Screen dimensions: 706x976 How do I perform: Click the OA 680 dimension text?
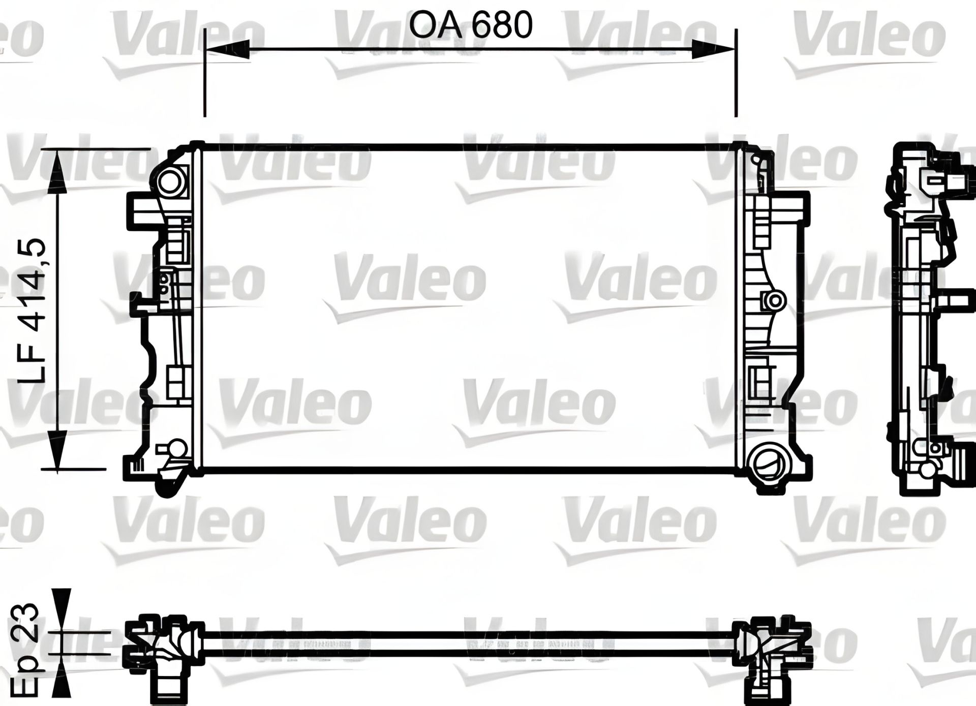tap(471, 25)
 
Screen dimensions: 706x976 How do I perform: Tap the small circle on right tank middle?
tap(776, 300)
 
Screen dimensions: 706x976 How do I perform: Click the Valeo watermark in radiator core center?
tap(409, 282)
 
